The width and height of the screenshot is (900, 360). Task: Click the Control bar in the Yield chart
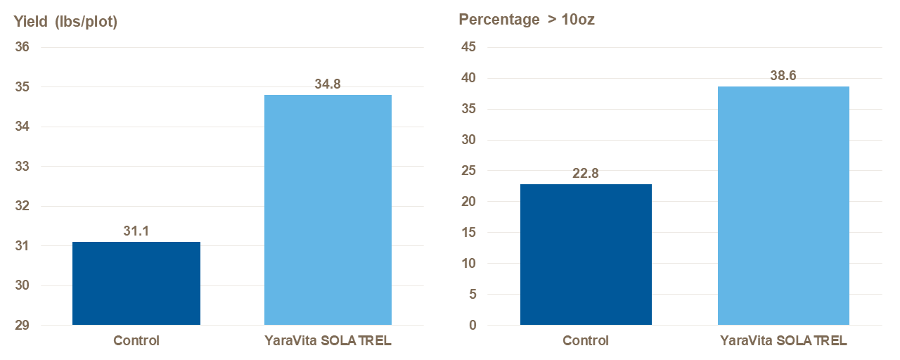coord(136,283)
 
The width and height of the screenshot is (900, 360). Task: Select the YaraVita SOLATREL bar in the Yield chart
coord(328,210)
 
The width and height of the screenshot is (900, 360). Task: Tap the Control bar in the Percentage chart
coord(586,255)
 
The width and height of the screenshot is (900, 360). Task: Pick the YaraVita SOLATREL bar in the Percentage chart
coord(783,205)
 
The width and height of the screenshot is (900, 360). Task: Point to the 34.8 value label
coord(328,84)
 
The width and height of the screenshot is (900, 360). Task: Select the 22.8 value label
coord(586,174)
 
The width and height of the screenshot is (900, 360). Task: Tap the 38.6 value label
coord(783,76)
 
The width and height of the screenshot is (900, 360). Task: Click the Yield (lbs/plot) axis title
coord(65,22)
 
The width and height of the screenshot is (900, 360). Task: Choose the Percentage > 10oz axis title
coord(527,20)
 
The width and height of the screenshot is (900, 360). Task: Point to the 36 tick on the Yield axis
coord(22,48)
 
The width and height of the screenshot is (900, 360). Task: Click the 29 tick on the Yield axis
coord(22,326)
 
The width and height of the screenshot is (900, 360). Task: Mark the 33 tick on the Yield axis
coord(22,167)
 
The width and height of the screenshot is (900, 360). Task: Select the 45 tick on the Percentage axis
coord(468,48)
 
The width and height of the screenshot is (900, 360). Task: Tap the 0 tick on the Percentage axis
coord(472,326)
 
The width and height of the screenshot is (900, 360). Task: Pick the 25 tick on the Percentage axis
coord(468,171)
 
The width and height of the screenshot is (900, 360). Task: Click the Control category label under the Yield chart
coord(136,341)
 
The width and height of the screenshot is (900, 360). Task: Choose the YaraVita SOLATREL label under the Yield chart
coord(328,341)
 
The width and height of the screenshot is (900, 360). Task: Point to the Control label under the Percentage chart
coord(586,341)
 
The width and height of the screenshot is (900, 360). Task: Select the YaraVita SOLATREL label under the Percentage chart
coord(783,341)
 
